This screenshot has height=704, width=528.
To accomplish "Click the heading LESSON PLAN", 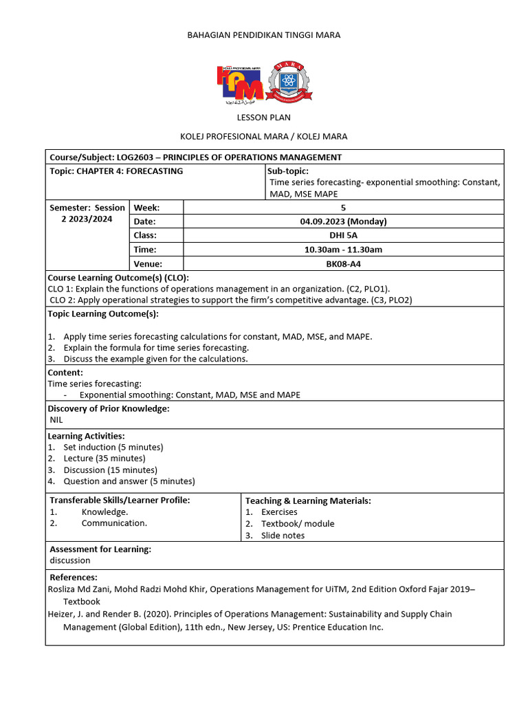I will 263,118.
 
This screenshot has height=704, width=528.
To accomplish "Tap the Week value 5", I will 343,208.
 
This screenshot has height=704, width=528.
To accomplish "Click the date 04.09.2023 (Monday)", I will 343,221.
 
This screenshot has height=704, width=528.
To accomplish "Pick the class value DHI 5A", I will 343,235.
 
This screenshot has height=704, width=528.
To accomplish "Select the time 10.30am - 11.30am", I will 343,250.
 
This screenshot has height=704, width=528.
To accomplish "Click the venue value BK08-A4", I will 343,263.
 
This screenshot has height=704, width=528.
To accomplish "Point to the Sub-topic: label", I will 287,171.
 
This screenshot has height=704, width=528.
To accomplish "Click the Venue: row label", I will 149,263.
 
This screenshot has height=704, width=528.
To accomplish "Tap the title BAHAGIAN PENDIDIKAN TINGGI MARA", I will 263,34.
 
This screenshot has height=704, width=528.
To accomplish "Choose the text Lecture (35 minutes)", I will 104,459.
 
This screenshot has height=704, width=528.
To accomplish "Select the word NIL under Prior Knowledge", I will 56,420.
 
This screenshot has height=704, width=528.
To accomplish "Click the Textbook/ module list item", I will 298,524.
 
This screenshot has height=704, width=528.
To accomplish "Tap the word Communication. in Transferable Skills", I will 114,523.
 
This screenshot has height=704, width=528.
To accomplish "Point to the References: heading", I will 74,577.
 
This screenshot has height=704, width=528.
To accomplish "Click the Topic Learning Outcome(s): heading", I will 103,314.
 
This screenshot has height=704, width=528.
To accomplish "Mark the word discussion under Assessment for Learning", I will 69,560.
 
